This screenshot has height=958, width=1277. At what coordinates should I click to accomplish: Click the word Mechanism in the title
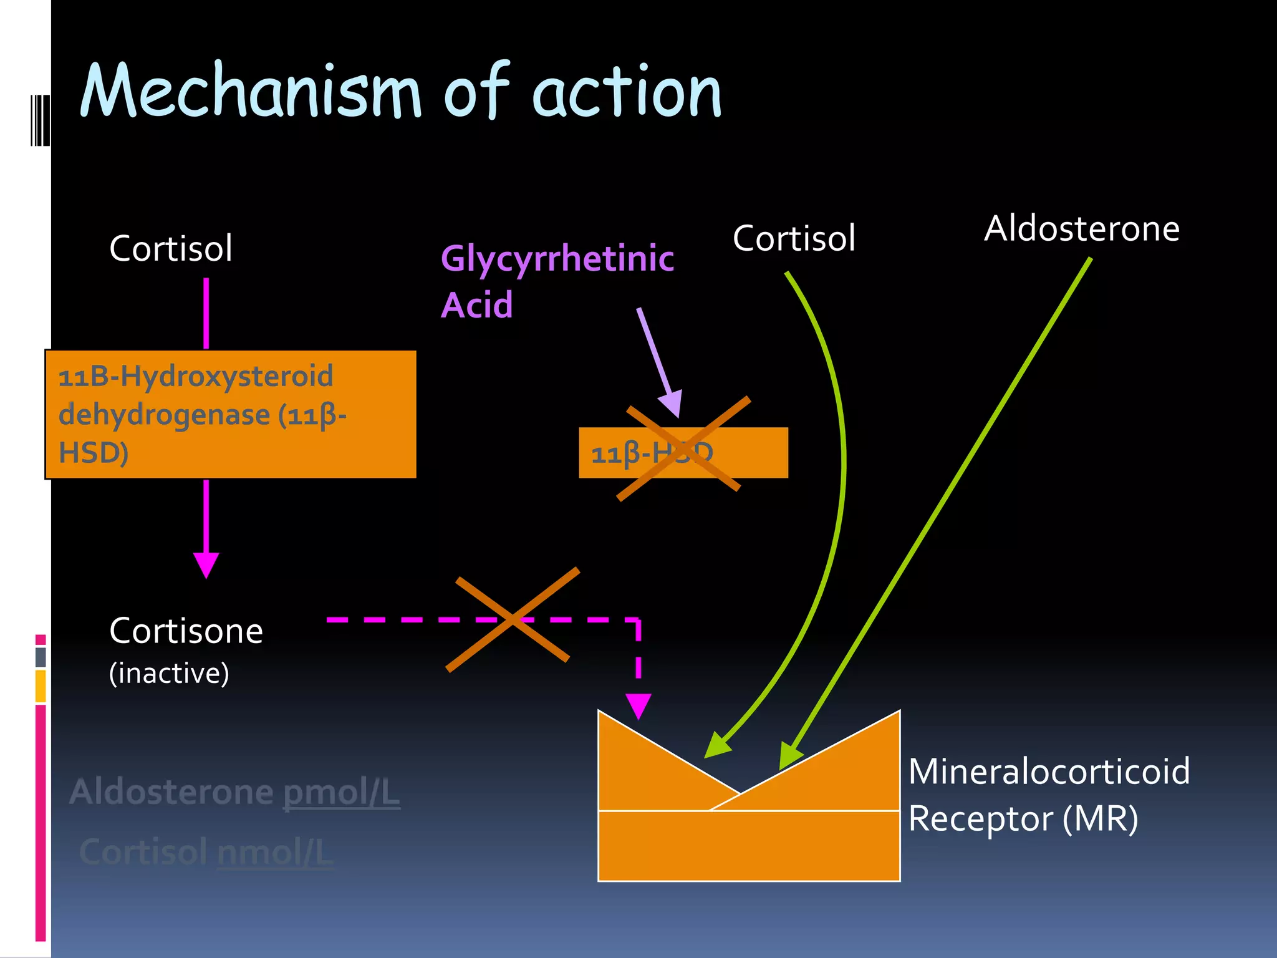point(249,92)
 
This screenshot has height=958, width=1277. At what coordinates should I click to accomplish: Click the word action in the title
point(627,92)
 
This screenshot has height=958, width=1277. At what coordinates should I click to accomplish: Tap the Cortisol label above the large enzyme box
point(170,248)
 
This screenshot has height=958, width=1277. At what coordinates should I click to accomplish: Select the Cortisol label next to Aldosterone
point(793,238)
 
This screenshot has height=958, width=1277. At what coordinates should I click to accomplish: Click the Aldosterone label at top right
point(1081,228)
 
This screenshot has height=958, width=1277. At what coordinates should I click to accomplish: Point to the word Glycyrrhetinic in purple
point(557,258)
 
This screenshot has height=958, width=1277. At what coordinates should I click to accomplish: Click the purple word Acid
point(476,305)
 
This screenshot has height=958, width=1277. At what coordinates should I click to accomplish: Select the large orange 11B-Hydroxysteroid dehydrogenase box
point(231,414)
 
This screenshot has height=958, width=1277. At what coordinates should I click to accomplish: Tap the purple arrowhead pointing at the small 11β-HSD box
point(672,404)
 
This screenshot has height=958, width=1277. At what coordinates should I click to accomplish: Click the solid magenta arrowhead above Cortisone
point(206,564)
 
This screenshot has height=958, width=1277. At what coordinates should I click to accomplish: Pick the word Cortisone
point(186,631)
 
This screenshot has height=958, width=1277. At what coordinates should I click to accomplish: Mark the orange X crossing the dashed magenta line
point(513,619)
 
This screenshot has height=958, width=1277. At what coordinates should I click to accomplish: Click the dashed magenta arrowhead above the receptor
point(638,705)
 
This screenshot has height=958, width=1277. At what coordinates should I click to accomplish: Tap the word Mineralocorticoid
point(1049,772)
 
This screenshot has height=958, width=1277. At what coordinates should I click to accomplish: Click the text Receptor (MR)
point(1023,819)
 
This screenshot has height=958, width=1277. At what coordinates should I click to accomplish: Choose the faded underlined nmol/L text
point(275,853)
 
